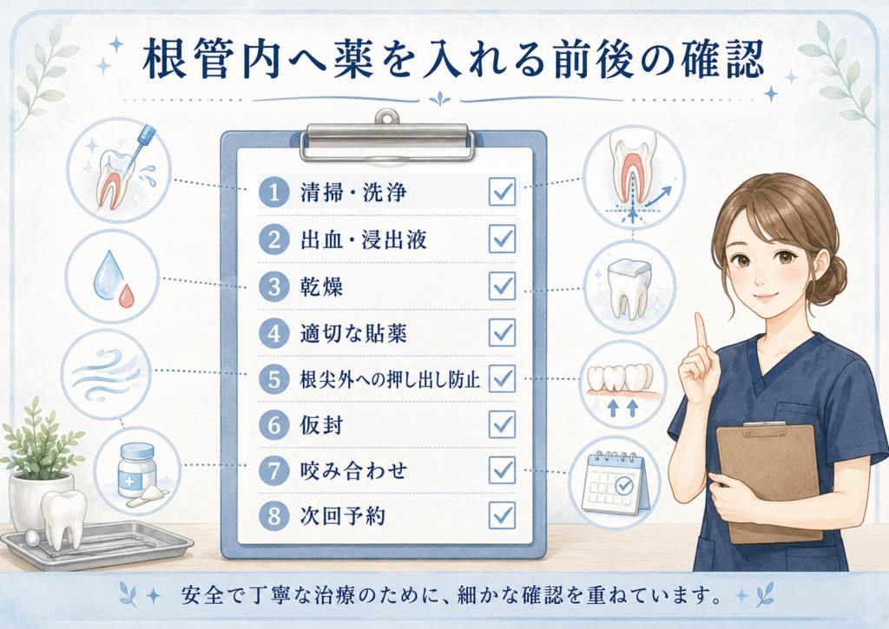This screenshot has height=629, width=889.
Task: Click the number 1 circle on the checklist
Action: coord(274,192)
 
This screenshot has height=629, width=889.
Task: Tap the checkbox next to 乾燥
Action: coord(503,285)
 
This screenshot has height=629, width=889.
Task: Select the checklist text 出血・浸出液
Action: coord(364,239)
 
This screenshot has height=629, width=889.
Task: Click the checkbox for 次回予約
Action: coord(503,515)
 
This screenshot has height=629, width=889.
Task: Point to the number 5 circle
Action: coord(274,379)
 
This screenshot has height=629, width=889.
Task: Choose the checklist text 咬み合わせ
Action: coord(353,470)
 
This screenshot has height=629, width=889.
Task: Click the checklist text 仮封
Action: coord(321,425)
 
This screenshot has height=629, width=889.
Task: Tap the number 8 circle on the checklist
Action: coord(274,515)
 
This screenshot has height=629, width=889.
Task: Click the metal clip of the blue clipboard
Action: coord(388,139)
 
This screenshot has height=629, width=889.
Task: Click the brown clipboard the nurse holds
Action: coord(769,482)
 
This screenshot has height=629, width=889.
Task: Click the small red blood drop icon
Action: coord(127,296)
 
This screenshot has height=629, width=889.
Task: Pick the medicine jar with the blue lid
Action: coord(136,469)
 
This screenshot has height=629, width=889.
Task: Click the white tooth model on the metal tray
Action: coord(64,519)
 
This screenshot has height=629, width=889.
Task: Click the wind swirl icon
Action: coord(107,374)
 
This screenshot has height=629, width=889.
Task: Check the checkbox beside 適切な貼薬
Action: coord(503,332)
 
